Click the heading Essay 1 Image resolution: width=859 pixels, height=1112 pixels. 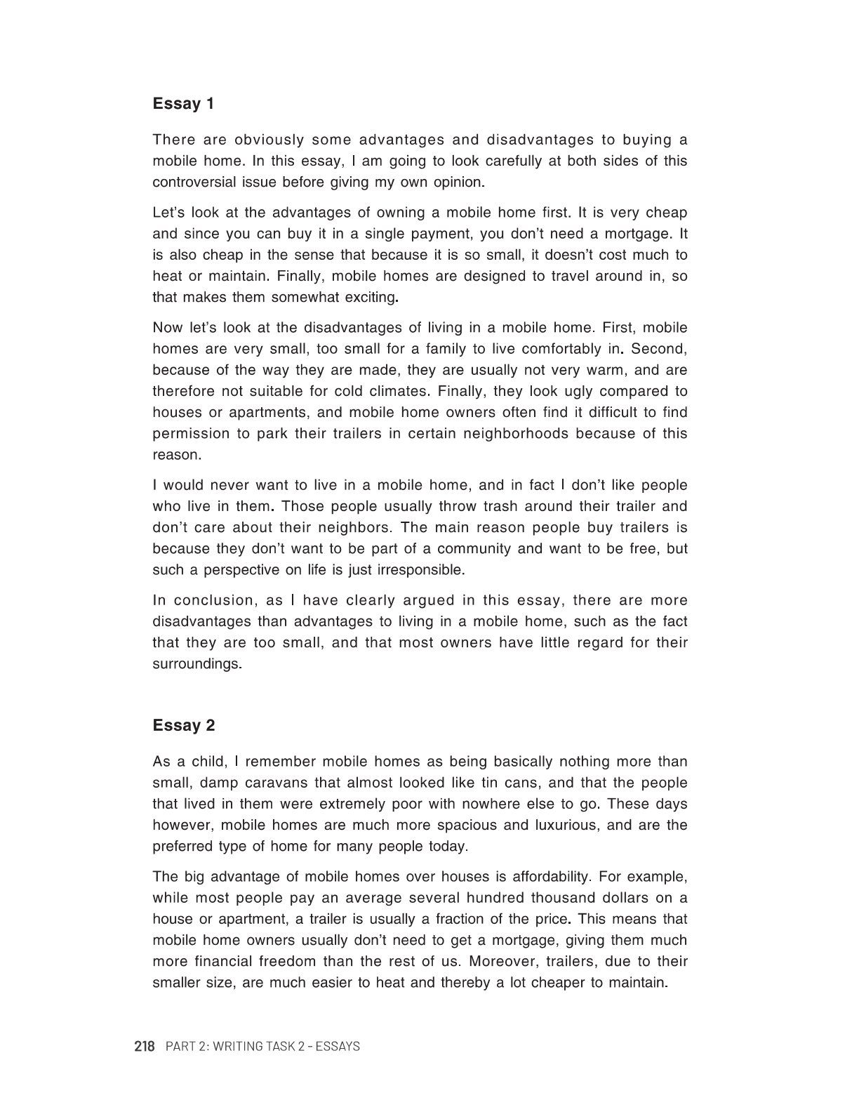pos(183,104)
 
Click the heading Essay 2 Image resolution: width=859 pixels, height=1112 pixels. pos(184,726)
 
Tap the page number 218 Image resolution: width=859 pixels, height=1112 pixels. pos(144,1047)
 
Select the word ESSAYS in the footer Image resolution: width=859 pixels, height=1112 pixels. pos(337,1047)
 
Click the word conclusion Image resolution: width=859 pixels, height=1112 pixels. pos(213,600)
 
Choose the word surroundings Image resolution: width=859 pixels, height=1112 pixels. pos(197,663)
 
